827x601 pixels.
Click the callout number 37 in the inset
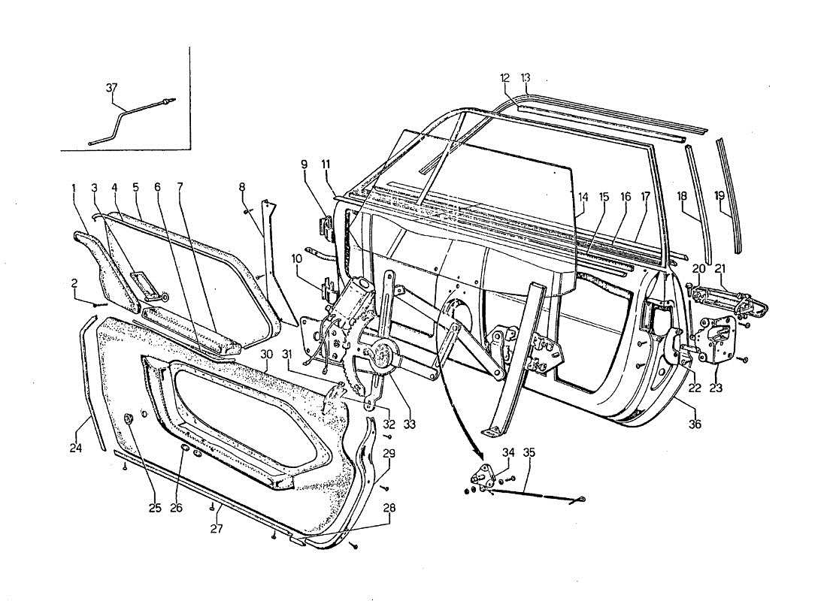pos(111,88)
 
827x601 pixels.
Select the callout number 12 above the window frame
pos(504,77)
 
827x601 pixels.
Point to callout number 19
pos(719,195)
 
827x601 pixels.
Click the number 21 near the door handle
pos(719,269)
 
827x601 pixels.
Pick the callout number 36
pos(695,424)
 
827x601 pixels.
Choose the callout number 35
pos(529,453)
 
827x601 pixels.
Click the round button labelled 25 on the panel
pos(129,418)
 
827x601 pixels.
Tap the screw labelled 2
pos(98,305)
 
